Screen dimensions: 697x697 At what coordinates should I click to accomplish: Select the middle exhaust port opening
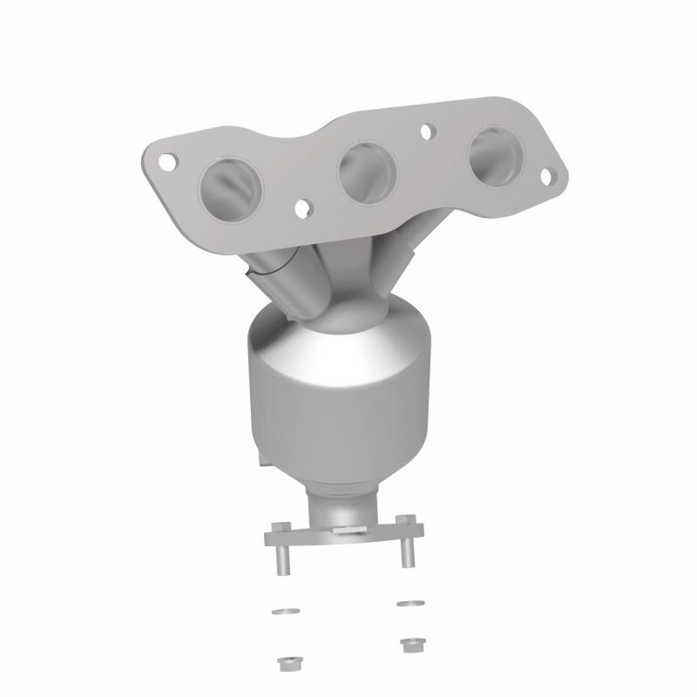(x=365, y=169)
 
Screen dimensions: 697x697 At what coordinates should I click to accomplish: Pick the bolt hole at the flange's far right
(x=546, y=177)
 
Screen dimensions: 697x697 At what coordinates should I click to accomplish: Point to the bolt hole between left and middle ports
(x=302, y=209)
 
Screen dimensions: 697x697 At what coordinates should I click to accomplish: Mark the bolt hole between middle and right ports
(x=427, y=132)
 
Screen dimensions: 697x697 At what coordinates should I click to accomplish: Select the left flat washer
(x=278, y=611)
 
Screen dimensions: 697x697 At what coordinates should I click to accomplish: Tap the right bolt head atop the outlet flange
(x=403, y=521)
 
